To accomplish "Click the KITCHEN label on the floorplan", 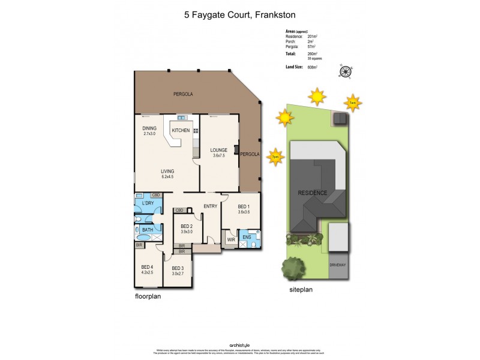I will [181, 130].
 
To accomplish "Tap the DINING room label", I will [149, 128].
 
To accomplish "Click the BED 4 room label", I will [147, 267].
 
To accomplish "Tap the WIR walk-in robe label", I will [230, 239].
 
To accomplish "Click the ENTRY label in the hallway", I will [210, 206].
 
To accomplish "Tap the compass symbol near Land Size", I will [345, 71].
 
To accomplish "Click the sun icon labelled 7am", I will [353, 103].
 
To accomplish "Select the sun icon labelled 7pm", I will [275, 156].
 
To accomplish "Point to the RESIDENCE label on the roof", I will [313, 193].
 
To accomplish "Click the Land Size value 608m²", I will [311, 67].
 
